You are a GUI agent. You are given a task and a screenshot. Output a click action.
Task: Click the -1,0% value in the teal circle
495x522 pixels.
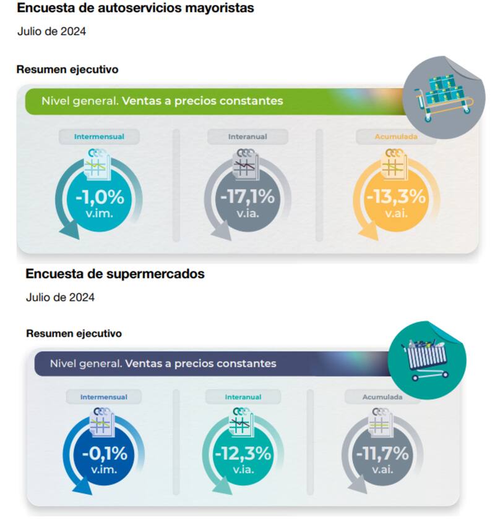point(100,198)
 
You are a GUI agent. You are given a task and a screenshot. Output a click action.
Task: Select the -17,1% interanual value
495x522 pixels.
point(247,198)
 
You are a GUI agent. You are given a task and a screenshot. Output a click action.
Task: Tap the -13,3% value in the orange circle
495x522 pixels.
point(397,198)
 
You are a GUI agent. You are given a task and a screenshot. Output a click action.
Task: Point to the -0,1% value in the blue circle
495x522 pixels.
point(104,453)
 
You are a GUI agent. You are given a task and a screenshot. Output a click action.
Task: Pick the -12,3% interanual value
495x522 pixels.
point(243,453)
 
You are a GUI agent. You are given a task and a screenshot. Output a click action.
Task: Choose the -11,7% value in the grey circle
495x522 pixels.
point(382,453)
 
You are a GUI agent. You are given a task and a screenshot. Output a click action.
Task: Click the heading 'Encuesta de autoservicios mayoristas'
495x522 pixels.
point(136,9)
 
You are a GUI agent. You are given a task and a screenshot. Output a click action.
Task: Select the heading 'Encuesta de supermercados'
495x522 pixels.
point(115,274)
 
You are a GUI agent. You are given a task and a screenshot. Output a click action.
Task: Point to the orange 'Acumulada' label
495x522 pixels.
point(396,137)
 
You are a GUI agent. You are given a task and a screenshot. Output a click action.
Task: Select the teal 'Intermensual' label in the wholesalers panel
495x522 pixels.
point(99,137)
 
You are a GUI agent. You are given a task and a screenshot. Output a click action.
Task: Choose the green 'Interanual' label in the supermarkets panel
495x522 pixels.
point(243,397)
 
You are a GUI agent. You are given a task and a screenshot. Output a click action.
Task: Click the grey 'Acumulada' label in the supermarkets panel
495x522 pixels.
point(382,397)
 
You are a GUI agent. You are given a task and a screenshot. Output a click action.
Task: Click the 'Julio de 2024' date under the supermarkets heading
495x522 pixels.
point(60,298)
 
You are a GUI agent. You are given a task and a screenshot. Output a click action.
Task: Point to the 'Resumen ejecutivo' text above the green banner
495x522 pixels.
point(67,70)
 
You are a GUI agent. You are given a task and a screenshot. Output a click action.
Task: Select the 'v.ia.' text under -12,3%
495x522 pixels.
point(243,470)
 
